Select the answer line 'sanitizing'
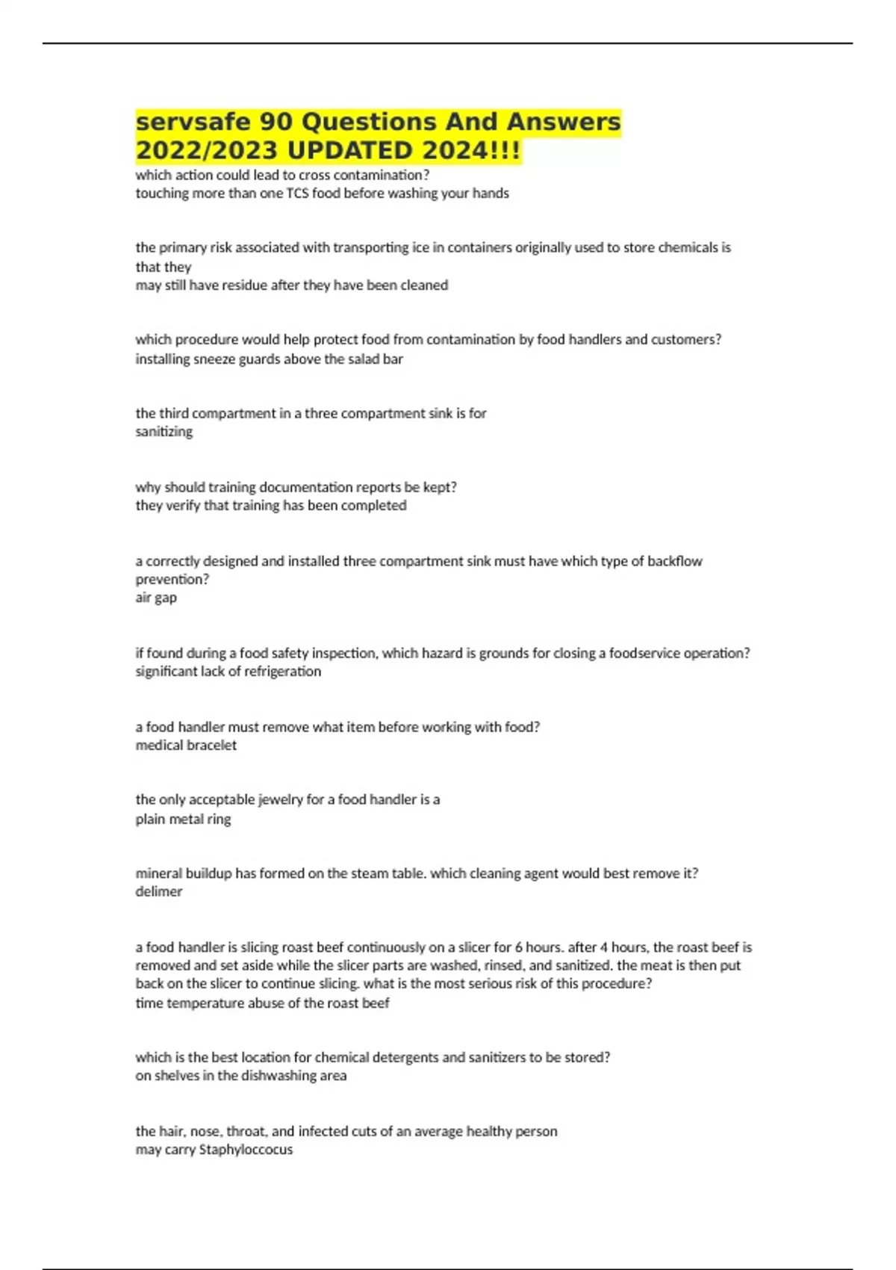pyautogui.click(x=164, y=432)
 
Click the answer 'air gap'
pyautogui.click(x=156, y=598)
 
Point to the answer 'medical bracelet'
pyautogui.click(x=186, y=746)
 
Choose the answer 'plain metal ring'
pyautogui.click(x=183, y=819)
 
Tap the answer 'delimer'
pyautogui.click(x=158, y=891)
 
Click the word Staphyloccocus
pyautogui.click(x=246, y=1150)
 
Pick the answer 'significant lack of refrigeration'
pyautogui.click(x=228, y=672)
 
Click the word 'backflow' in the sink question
pyautogui.click(x=674, y=561)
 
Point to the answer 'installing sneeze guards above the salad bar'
pyautogui.click(x=269, y=359)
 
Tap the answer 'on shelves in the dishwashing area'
pyautogui.click(x=240, y=1076)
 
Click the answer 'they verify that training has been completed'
pyautogui.click(x=270, y=506)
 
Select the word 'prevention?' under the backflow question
pyautogui.click(x=172, y=580)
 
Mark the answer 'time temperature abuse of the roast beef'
pyautogui.click(x=262, y=1003)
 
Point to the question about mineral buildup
pyautogui.click(x=417, y=873)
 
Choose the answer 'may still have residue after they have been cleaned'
pyautogui.click(x=291, y=285)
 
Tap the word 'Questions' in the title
pyautogui.click(x=365, y=122)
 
